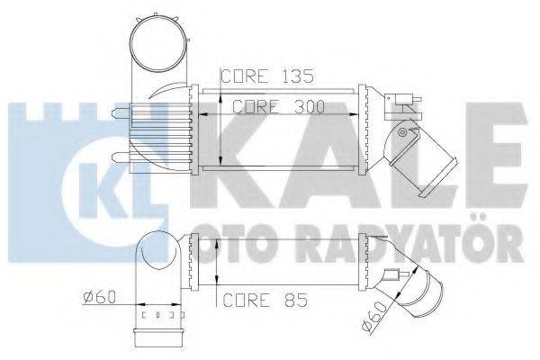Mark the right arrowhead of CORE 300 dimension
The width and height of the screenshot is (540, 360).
(353, 114)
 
